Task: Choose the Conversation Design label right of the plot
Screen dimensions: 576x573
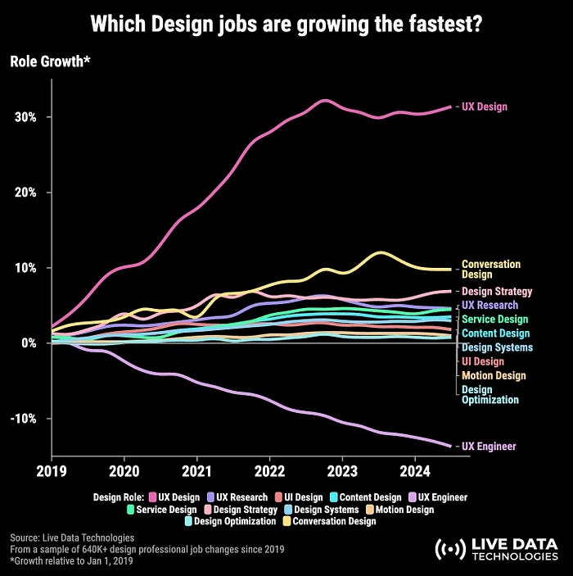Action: click(491, 270)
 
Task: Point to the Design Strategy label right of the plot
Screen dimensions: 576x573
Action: click(497, 292)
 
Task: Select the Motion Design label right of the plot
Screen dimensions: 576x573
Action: click(494, 375)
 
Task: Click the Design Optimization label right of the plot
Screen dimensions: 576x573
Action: click(490, 395)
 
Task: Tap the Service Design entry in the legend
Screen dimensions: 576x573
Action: click(167, 510)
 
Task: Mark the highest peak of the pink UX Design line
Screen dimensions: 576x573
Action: click(325, 101)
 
